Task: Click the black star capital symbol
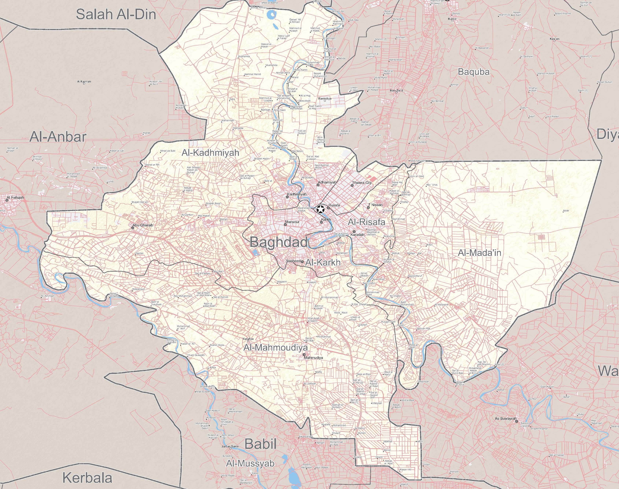(x=320, y=209)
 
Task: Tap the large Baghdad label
(x=279, y=242)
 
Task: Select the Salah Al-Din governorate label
(x=116, y=14)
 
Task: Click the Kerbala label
(x=87, y=478)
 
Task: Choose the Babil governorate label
(x=260, y=444)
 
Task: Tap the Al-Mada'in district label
(x=479, y=253)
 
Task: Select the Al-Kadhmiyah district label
(x=210, y=153)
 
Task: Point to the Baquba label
(x=474, y=72)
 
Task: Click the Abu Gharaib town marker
(x=132, y=228)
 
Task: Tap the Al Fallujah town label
(x=15, y=198)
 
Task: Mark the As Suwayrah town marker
(x=516, y=421)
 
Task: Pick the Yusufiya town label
(x=248, y=339)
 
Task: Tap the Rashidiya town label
(x=325, y=98)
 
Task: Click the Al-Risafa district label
(x=366, y=222)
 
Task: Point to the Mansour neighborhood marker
(x=285, y=225)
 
